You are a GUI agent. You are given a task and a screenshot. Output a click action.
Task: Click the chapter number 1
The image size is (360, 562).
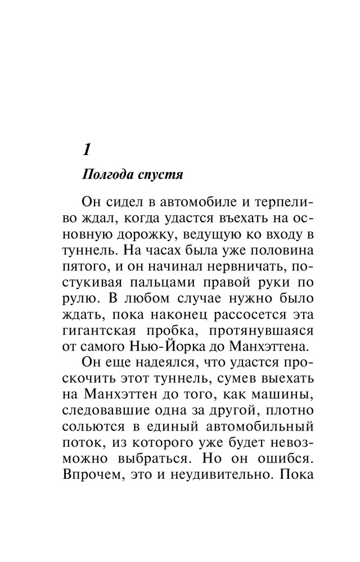[x=86, y=150]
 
